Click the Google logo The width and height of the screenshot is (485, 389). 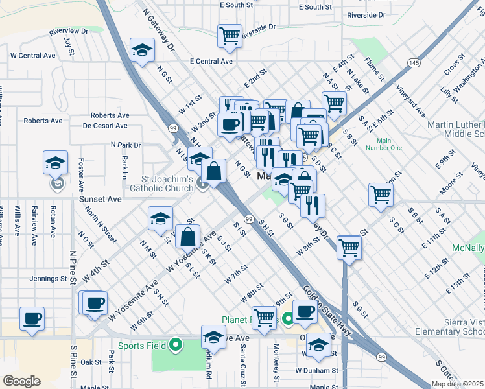click(21, 381)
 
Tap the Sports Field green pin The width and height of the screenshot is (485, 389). click(174, 345)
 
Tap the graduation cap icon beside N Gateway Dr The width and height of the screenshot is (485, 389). click(141, 51)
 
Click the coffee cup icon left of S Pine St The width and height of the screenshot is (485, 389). click(32, 318)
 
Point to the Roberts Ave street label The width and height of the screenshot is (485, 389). click(43, 121)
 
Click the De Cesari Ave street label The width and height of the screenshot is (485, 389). click(104, 125)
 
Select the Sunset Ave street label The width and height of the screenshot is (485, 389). click(101, 200)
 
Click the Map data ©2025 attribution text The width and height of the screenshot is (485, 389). click(457, 384)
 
